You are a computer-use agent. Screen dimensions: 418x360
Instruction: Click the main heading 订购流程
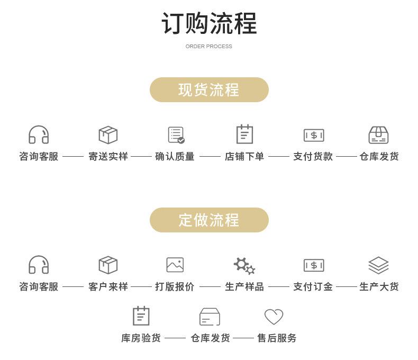209,23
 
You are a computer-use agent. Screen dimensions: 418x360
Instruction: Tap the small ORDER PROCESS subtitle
208,47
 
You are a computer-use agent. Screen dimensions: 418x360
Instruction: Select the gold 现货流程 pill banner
209,89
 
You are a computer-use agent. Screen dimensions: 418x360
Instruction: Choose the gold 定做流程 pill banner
209,220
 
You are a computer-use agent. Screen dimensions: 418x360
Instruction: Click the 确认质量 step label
175,156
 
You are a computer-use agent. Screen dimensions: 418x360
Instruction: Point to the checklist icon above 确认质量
176,135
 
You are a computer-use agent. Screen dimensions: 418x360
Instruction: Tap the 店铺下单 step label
244,156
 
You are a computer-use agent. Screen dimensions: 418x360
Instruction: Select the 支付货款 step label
313,156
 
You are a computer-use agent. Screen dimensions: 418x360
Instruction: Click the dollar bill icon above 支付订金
314,265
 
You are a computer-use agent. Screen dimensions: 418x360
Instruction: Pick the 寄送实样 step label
108,156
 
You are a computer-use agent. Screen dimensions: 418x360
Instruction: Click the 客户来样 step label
108,286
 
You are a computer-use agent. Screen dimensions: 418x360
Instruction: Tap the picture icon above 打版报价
175,265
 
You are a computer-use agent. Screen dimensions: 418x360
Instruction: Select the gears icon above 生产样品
244,266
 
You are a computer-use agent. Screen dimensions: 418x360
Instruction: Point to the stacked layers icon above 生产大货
378,265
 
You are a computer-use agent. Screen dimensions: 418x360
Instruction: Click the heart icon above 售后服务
274,317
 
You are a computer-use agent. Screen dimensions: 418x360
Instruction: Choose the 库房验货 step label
141,338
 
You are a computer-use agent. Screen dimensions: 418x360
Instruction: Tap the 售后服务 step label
277,338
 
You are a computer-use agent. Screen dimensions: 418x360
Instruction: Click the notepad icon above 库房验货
141,316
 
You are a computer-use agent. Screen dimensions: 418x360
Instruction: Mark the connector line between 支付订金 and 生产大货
346,287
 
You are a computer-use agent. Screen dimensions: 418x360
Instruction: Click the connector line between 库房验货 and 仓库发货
175,338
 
